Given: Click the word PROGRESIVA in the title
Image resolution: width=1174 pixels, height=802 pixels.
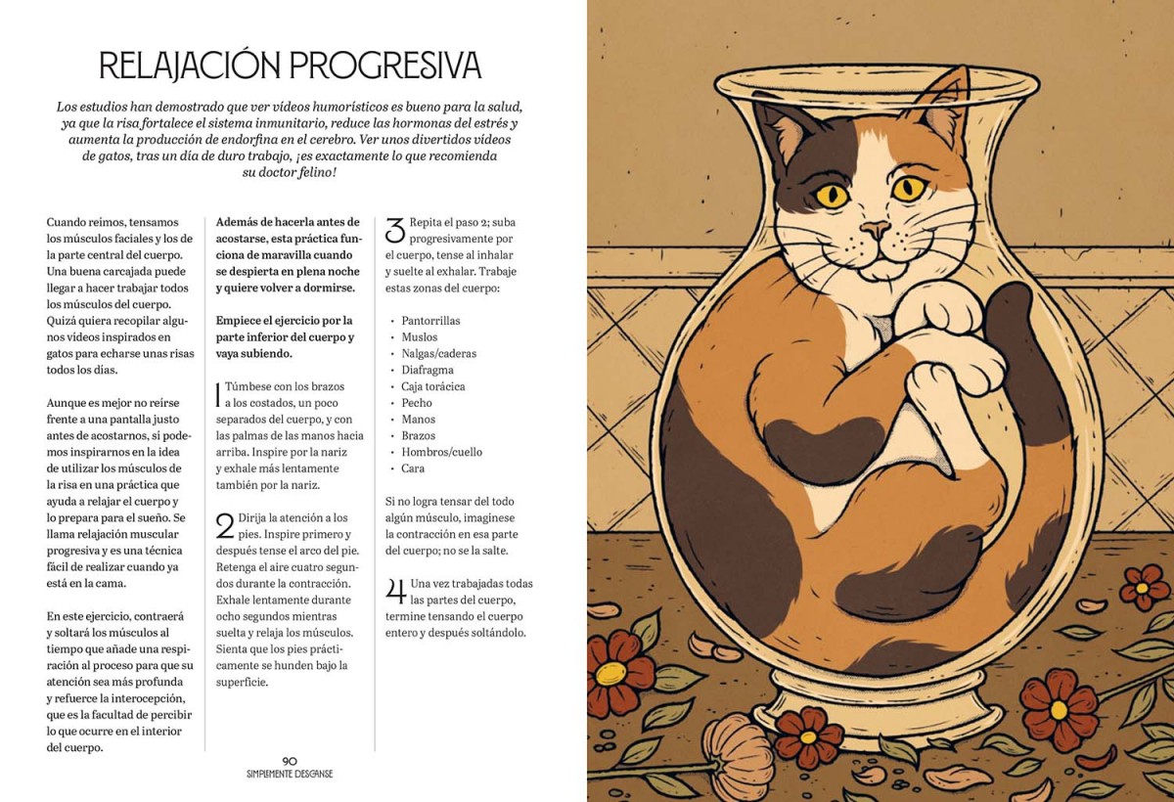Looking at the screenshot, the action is [384, 66].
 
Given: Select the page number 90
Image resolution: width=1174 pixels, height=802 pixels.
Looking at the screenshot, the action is [290, 761].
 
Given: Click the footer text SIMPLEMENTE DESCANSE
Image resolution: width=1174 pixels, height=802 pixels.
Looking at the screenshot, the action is [290, 774].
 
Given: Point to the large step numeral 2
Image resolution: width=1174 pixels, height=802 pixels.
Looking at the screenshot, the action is [225, 526].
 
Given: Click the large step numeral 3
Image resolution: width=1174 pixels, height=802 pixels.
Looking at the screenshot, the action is [395, 230].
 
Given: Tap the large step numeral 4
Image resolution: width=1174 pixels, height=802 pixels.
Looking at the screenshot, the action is [395, 591].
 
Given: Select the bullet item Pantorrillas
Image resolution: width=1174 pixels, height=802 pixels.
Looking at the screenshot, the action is [430, 321].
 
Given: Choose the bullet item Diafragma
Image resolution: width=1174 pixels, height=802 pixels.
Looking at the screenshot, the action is [428, 370].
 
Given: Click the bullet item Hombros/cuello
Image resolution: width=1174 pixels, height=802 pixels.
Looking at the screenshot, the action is [442, 452].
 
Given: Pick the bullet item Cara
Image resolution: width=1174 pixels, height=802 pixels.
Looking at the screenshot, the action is [413, 468].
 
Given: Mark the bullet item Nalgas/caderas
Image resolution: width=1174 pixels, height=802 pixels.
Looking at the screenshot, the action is [438, 354].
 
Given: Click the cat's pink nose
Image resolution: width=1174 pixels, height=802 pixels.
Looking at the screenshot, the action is [875, 229].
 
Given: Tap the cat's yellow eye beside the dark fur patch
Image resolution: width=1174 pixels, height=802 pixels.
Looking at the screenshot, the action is [832, 196].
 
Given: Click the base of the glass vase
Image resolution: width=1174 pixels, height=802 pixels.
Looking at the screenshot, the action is [877, 708].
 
